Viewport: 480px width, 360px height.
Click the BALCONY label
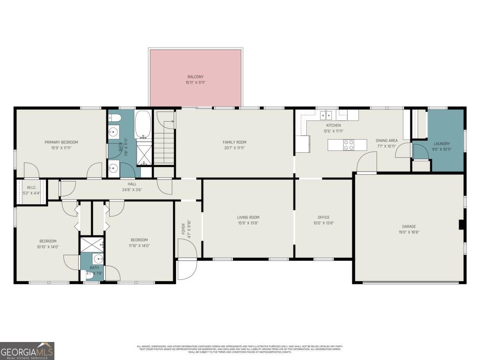click(196, 77)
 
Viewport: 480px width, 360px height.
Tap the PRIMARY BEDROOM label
click(61, 142)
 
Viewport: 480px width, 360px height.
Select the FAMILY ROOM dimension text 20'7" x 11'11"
click(234, 148)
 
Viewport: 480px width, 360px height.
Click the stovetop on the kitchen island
click(348, 144)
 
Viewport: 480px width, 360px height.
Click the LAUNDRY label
click(442, 144)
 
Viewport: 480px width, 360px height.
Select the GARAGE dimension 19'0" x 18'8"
click(409, 232)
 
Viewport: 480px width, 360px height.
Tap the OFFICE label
click(324, 217)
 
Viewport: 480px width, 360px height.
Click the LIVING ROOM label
click(248, 217)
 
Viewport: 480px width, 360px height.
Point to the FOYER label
click(184, 228)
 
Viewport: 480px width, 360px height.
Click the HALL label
click(132, 184)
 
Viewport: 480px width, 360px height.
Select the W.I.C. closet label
click(32, 187)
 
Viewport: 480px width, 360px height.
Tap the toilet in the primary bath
click(115, 118)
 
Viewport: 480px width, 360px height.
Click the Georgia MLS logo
click(27, 351)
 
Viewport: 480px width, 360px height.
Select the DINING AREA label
click(386, 140)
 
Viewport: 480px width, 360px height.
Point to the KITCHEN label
click(333, 125)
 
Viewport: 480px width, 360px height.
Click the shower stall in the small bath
click(92, 244)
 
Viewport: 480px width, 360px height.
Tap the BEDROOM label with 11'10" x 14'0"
click(139, 240)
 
